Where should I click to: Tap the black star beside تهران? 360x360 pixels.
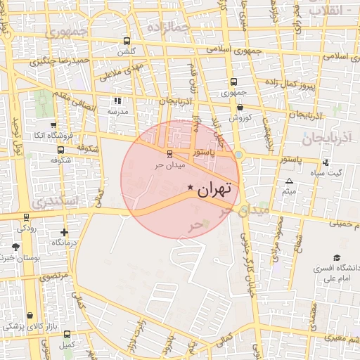[191, 187]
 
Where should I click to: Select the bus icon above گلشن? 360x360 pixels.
[127, 41]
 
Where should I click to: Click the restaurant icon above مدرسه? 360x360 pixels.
[117, 101]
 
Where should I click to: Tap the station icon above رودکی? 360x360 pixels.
[27, 217]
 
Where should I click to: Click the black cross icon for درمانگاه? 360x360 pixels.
[65, 231]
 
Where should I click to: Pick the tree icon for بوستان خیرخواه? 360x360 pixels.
[16, 247]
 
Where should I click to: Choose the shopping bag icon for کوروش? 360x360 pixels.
[240, 108]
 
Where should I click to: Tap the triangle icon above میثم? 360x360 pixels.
[288, 181]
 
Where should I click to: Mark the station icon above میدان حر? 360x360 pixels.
[169, 154]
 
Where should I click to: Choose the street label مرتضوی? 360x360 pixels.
[53, 277]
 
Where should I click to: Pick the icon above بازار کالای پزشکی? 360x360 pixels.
[30, 316]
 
